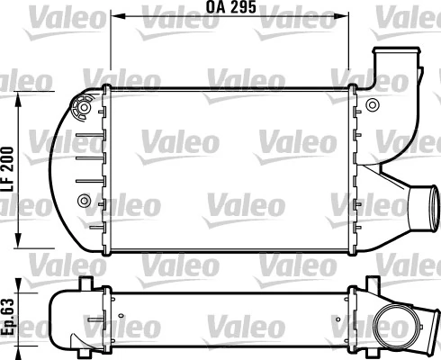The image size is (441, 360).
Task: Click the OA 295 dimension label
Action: [x=231, y=7]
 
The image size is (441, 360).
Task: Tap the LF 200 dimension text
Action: [x=7, y=169]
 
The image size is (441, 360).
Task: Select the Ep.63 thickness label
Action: [x=7, y=317]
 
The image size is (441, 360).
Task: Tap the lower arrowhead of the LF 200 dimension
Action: [x=19, y=240]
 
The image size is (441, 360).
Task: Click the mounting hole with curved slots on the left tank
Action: [x=84, y=107]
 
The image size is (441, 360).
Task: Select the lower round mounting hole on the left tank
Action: [x=84, y=201]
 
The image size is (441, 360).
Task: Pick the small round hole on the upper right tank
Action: [x=373, y=105]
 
